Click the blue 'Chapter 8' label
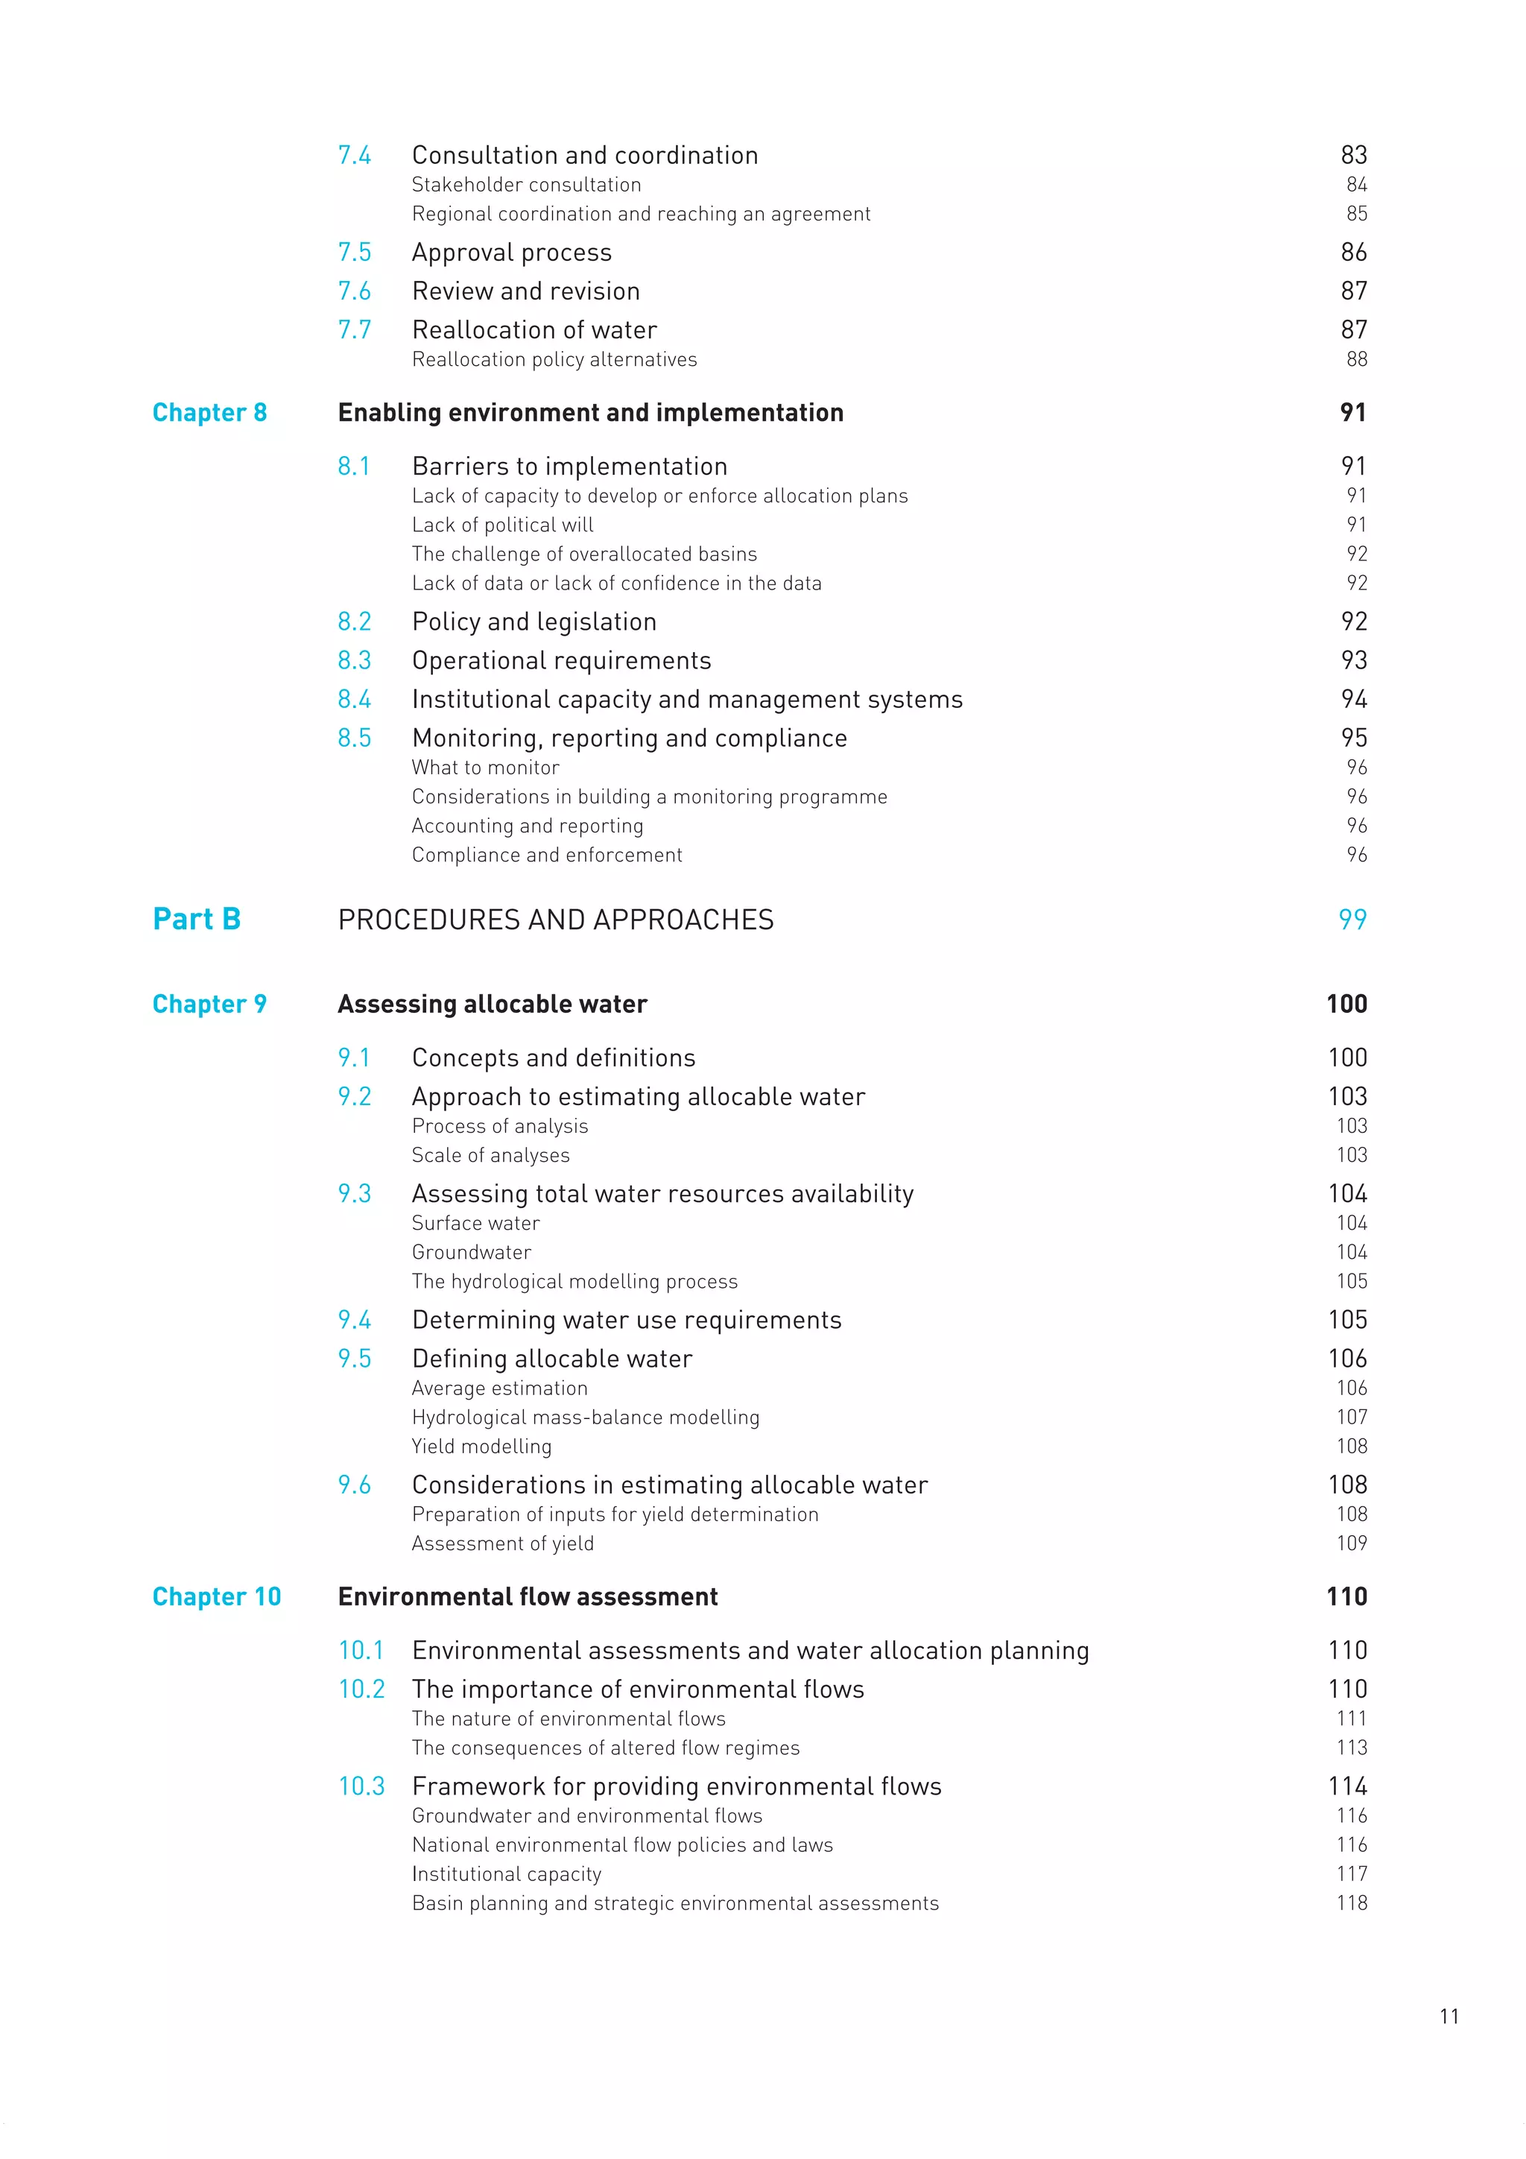point(209,413)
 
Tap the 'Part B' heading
point(197,919)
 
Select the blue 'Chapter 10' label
point(216,1596)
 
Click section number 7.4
point(355,155)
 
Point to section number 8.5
point(355,738)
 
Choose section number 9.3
point(355,1194)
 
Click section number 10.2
point(361,1689)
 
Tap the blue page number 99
point(1352,920)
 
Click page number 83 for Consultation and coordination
point(1353,155)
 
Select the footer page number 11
point(1449,2016)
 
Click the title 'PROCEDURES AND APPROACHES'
point(556,920)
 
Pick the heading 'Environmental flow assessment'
point(528,1596)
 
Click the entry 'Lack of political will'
point(502,525)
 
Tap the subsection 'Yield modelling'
point(481,1447)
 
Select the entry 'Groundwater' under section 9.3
point(471,1253)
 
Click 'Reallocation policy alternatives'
point(554,359)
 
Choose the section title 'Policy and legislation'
point(534,622)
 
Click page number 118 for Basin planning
point(1351,1903)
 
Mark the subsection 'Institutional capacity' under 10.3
point(506,1874)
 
